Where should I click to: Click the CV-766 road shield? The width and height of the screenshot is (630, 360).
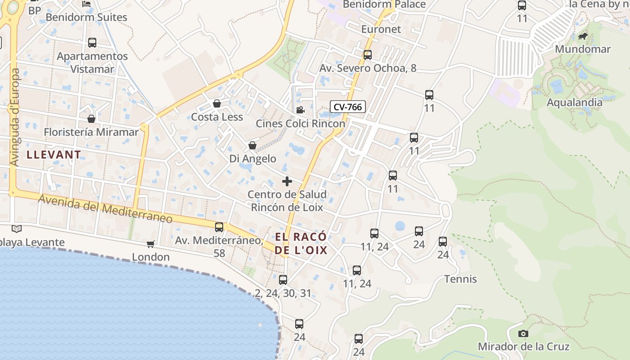point(347,107)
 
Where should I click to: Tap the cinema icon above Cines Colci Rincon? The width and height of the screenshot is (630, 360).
point(300,110)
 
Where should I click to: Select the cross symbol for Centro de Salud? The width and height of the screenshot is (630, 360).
point(287,181)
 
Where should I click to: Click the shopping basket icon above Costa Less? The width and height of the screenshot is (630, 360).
point(217,104)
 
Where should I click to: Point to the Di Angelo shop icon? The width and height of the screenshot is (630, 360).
point(252,145)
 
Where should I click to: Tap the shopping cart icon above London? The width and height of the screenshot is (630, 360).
point(150,244)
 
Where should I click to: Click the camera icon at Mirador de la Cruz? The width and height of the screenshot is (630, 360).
point(523,333)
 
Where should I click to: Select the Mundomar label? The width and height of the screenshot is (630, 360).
point(583,49)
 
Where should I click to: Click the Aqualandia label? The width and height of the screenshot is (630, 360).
point(574,103)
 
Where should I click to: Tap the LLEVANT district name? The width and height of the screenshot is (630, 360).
point(54,155)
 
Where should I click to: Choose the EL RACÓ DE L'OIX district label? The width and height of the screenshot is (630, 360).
point(301,243)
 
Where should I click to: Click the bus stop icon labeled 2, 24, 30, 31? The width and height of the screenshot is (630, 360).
point(283,280)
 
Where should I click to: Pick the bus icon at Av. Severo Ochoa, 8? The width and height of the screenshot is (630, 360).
point(368,55)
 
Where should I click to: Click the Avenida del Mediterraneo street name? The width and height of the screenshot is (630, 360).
point(105,209)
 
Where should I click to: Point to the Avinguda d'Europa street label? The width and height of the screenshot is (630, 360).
point(15,117)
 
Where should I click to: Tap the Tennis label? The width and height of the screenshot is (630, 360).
point(460,279)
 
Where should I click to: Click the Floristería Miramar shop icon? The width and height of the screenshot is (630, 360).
point(91,119)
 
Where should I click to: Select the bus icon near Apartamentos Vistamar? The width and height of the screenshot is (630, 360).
point(92,43)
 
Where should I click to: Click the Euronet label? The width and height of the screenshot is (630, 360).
point(381,29)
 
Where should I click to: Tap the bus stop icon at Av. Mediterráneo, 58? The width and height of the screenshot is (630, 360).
point(219,227)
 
